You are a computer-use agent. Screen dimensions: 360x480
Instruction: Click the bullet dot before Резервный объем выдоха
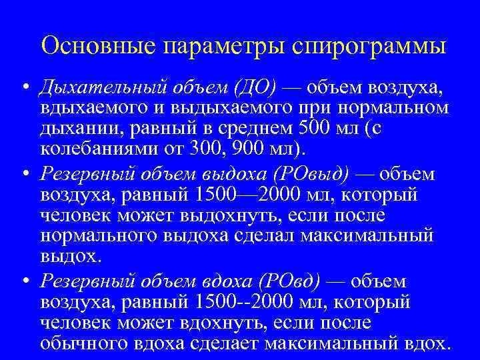click(x=24, y=175)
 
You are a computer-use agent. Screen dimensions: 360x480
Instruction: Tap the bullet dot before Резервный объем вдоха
click(x=24, y=282)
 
